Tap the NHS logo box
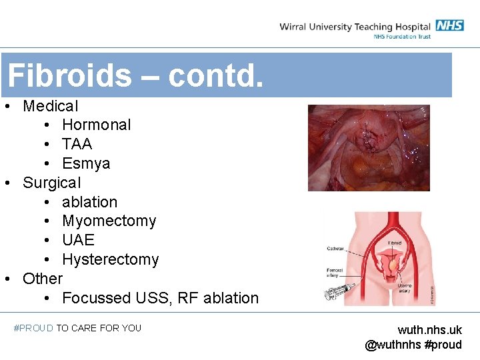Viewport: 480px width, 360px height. point(450,25)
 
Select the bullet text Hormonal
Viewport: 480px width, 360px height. point(96,125)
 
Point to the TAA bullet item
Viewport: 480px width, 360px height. point(77,144)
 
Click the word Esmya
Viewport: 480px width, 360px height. point(86,163)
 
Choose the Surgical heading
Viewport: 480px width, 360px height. point(51,183)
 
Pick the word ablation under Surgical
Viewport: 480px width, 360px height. point(89,202)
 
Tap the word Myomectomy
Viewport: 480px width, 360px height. point(109,221)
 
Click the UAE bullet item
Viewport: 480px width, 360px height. point(78,240)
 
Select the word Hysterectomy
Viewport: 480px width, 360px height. point(110,259)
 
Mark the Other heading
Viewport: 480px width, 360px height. point(42,279)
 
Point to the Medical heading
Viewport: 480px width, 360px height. point(50,106)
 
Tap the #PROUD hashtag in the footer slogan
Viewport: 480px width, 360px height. point(33,328)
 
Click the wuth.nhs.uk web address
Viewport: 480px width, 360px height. point(429,330)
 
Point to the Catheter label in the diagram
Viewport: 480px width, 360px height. point(336,249)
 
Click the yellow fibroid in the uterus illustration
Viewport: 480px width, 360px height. point(395,265)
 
